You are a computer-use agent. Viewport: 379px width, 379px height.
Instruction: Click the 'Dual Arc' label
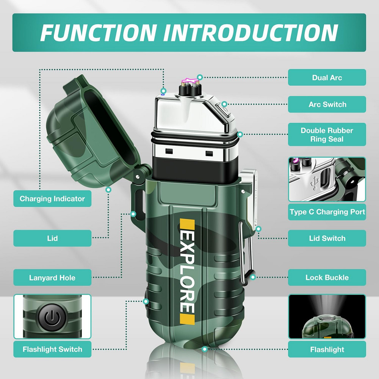327,77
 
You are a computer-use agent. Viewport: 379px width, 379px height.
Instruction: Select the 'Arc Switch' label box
327,104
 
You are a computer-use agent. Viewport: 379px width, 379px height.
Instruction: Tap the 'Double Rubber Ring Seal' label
327,135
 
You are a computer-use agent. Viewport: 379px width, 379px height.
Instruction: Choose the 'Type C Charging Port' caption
327,212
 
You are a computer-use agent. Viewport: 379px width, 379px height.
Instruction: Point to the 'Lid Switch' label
327,238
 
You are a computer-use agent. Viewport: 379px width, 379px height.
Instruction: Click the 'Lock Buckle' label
327,277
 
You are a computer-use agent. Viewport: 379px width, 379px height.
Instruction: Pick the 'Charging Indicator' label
52,199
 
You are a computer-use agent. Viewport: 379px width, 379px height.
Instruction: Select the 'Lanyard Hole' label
52,277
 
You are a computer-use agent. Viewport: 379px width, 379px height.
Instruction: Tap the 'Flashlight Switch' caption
52,349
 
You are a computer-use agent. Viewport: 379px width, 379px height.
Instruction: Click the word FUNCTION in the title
98,33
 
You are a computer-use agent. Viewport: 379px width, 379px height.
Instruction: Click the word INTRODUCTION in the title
251,33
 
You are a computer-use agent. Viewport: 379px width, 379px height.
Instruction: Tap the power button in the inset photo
52,317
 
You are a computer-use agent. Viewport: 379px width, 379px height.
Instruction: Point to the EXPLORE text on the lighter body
187,272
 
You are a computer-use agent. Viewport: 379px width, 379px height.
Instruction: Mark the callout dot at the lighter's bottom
205,349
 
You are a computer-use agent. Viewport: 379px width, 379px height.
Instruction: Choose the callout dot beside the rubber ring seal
240,135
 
